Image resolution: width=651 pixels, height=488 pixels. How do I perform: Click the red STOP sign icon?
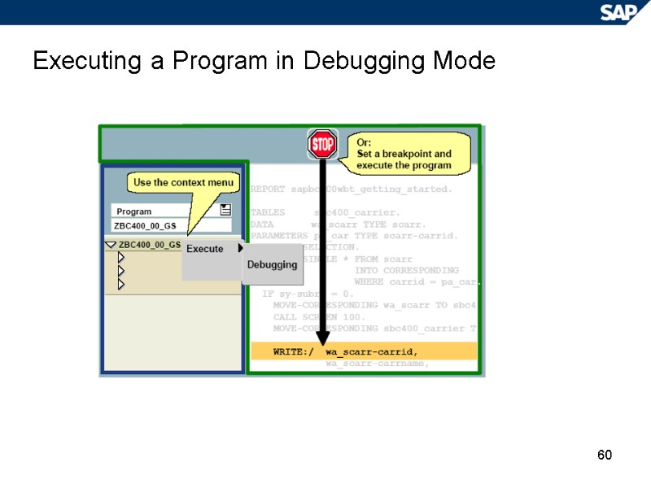[322, 145]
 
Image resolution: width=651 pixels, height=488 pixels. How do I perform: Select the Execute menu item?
[205, 249]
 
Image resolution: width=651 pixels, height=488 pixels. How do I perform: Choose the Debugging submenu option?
[272, 264]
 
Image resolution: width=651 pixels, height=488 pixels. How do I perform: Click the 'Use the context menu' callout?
[183, 183]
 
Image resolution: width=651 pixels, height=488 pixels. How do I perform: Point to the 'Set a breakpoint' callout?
[404, 154]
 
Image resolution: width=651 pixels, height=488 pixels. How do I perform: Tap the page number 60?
[604, 455]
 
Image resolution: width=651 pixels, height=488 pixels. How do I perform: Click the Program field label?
[134, 211]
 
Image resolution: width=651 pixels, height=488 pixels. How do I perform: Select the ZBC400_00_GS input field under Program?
[169, 225]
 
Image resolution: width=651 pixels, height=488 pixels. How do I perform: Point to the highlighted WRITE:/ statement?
[362, 351]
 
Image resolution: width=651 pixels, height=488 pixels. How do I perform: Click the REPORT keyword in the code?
[268, 189]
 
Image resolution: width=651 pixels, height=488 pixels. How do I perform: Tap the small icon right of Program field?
[225, 211]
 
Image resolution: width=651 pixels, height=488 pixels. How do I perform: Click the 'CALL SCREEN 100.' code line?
[319, 316]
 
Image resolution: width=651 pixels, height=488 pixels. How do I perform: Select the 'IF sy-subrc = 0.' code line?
[308, 294]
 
